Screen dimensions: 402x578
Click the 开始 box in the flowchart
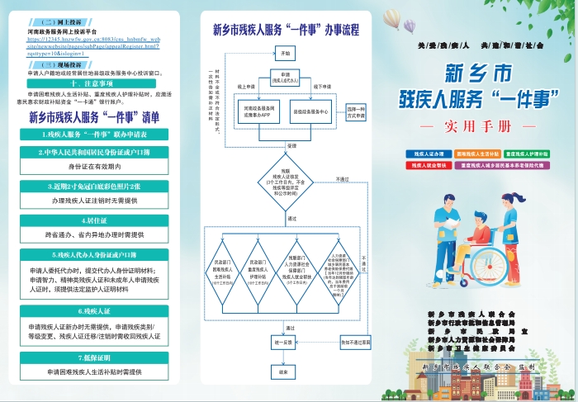[286, 53]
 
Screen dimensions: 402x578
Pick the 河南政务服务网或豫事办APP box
[260, 111]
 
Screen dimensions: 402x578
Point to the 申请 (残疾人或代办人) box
[286, 78]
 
